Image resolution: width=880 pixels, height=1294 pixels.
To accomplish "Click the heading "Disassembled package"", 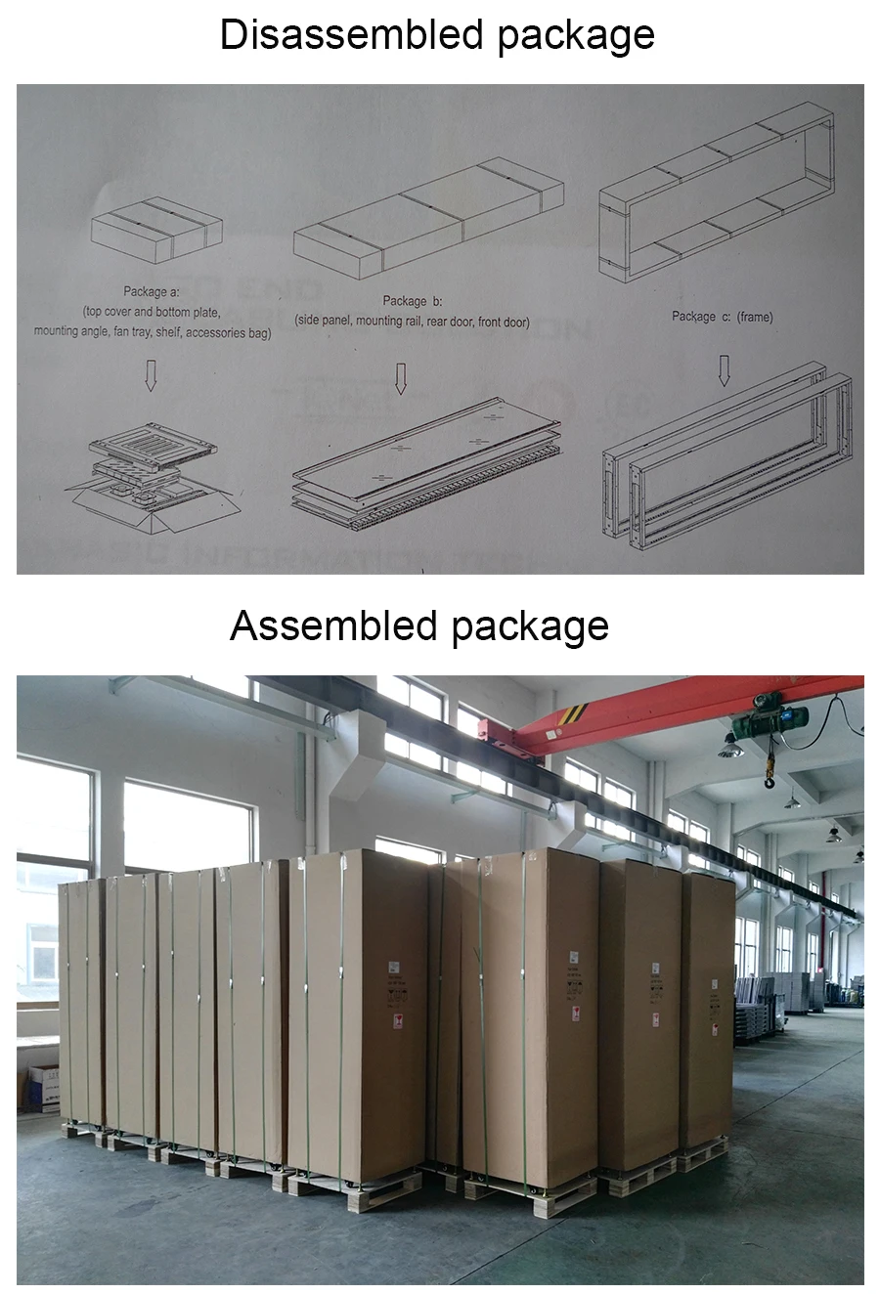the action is pos(437,35).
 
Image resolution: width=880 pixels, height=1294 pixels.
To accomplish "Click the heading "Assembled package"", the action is pos(419,625).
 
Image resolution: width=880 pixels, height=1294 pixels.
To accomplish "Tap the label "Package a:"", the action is pos(152,292).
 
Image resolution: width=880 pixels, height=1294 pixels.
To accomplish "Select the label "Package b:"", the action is pos(412,301).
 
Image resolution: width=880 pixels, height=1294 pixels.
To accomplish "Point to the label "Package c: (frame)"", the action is pos(722,317).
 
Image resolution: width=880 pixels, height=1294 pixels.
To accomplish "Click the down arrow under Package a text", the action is pos(151,374).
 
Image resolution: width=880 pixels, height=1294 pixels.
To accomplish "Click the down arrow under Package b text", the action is pos(400,378).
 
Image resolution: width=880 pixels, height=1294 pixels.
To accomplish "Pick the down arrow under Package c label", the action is pos(724,369).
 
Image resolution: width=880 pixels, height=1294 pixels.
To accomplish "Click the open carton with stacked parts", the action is pos(154,480).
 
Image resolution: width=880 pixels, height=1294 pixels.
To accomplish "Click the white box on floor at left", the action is pos(43,1087).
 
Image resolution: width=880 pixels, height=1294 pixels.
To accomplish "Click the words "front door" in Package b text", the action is pos(504,322).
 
